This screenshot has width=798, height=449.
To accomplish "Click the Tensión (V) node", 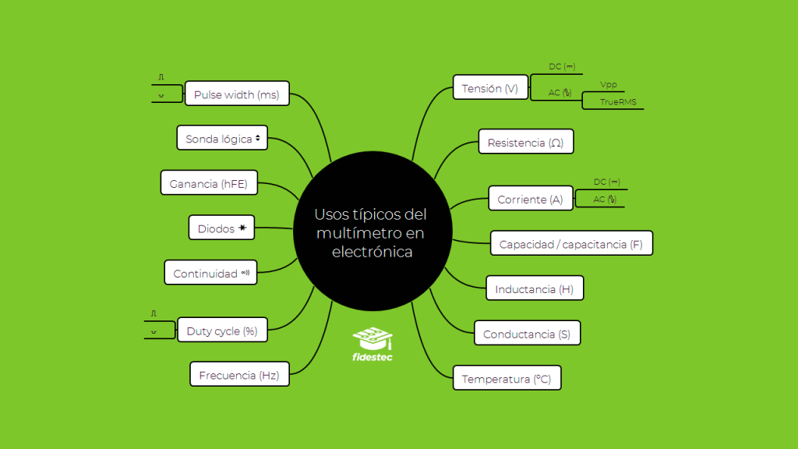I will pos(490,87).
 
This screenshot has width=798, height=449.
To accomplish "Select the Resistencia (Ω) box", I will pos(525,142).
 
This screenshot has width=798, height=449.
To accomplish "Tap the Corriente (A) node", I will pos(530,199).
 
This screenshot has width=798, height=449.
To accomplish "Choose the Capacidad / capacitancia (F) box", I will pos(571,243).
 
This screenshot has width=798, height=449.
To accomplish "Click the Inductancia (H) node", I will pos(534,288).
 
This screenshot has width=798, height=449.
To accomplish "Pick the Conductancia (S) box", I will pos(527,334).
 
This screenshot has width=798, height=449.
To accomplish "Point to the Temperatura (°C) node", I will pos(507,379).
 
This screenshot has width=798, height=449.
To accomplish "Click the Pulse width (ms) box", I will pos(236,94).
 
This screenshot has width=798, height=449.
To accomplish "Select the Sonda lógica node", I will pos(222,138).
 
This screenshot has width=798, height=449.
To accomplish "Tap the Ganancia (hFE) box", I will pos(209,183).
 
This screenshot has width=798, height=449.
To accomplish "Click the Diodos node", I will pos(222,228).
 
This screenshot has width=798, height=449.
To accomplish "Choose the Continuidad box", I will pos(210,273).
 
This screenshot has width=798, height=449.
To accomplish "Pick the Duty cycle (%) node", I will pos(222,331).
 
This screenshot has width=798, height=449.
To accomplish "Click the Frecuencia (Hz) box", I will pos(239,374).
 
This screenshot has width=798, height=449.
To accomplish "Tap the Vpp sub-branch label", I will pos(609,84).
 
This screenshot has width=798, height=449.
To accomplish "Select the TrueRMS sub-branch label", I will pos(618,101).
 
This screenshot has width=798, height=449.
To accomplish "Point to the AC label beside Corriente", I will pos(605,199).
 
